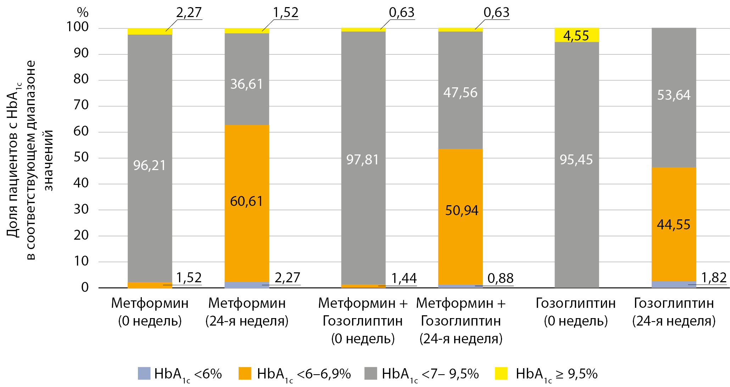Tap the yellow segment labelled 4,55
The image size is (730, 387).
point(576,35)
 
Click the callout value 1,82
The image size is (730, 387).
point(714,278)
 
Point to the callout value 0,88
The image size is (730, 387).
point(500,278)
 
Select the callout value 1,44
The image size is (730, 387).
point(404,278)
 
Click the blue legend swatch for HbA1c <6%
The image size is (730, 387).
point(144,374)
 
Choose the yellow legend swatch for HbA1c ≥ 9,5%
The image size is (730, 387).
point(501,374)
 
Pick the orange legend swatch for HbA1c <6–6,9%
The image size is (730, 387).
point(245,374)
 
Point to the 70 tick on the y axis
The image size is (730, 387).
point(81,105)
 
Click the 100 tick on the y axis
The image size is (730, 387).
point(78,27)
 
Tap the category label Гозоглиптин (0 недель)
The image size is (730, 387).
point(576,312)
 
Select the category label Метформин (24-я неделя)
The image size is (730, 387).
point(247,312)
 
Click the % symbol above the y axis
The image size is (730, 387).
point(83,12)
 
